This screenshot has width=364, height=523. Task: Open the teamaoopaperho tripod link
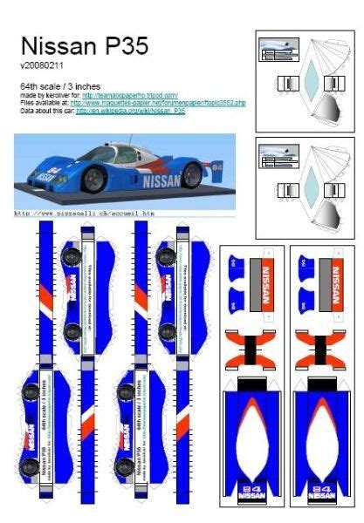coord(131,95)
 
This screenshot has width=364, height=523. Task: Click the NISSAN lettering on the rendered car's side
coord(162,181)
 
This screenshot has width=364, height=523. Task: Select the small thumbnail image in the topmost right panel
coord(280,52)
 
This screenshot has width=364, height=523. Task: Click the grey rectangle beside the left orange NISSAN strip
coord(254,285)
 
